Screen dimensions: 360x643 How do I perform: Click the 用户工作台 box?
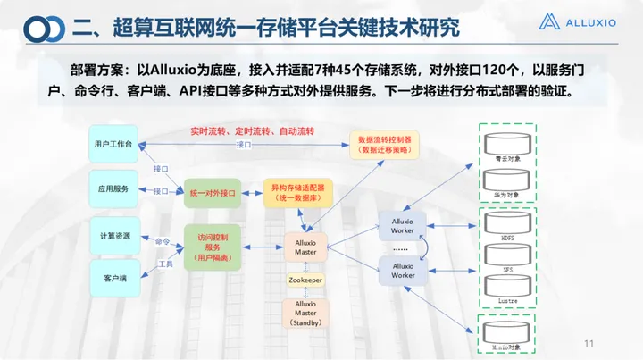pos(113,143)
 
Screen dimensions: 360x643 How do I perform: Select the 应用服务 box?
pos(113,188)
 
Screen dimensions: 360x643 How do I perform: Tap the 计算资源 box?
pos(113,235)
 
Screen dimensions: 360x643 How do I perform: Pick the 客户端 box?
pos(113,279)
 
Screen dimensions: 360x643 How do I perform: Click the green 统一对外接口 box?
pos(213,192)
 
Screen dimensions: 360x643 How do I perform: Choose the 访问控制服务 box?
pos(213,247)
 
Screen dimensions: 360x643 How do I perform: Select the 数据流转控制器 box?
pos(384,145)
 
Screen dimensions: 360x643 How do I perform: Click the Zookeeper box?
pos(305,280)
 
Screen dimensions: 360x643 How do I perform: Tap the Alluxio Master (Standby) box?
pos(305,312)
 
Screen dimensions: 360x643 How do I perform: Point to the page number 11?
pos(589,343)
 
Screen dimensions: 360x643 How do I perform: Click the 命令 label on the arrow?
pos(162,241)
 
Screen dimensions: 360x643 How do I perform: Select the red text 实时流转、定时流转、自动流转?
pos(253,130)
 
